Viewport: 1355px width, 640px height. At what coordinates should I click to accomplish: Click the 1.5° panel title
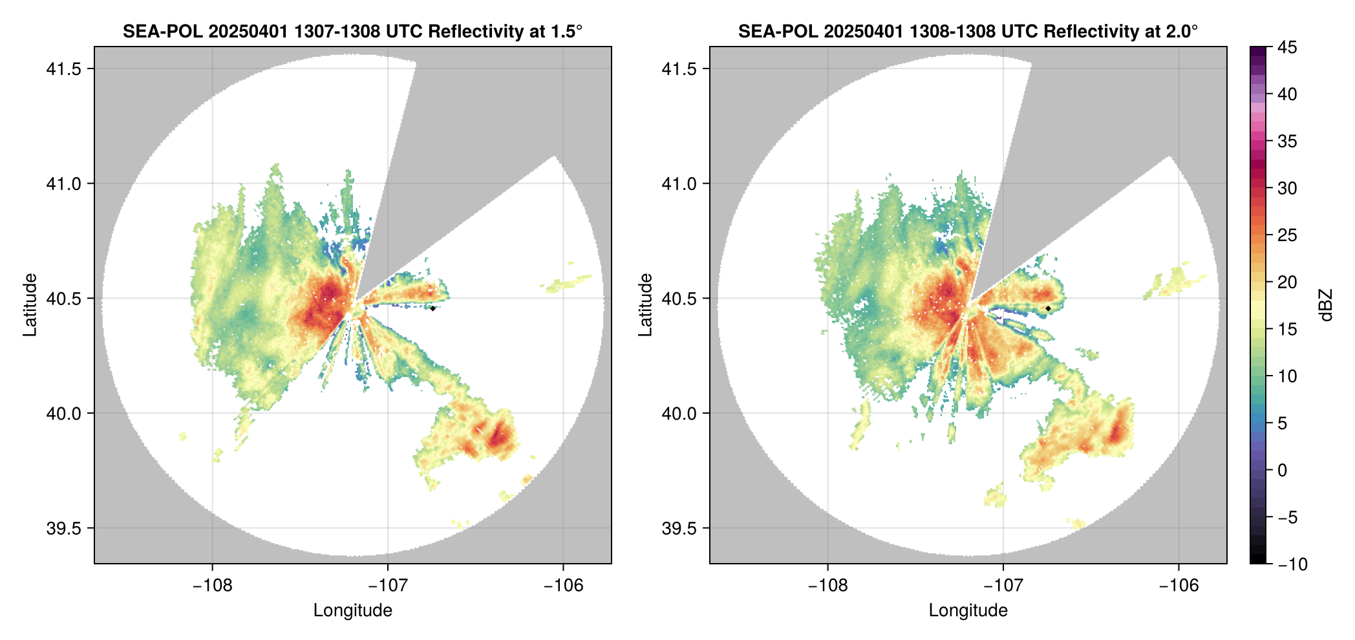coord(352,31)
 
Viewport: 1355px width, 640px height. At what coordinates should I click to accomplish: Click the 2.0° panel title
coord(968,31)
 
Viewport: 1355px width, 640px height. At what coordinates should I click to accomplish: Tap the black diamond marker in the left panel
coord(432,308)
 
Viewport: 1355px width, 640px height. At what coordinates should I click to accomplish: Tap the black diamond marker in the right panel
coord(1048,308)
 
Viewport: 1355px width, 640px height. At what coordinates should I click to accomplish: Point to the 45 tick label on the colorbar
coord(1287,47)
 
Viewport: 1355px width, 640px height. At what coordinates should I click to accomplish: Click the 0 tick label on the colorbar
coord(1283,470)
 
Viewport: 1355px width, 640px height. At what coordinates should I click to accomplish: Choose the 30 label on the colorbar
coord(1287,188)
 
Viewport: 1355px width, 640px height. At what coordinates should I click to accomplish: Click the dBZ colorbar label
coord(1326,305)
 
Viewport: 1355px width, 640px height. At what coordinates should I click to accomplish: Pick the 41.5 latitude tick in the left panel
coord(63,69)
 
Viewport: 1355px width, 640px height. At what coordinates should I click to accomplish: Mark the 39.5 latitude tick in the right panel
coord(679,528)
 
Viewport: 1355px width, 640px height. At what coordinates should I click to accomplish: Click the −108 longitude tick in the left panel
coord(212,586)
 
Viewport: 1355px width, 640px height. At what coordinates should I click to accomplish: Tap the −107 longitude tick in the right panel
coord(1003,586)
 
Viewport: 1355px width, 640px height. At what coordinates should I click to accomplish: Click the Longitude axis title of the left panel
coord(353,610)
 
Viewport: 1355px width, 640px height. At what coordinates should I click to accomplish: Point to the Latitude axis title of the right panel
coord(645,304)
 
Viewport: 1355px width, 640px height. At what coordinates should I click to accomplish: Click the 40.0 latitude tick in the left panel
coord(63,413)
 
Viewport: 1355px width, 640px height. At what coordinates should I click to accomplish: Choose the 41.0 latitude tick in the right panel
coord(679,184)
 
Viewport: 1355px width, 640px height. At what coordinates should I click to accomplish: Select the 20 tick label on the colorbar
coord(1287,282)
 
